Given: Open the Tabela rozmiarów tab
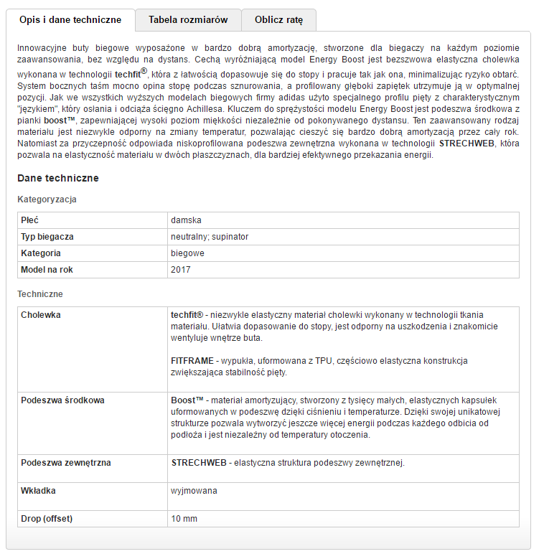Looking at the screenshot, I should point(188,20).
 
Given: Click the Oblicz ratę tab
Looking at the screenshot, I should point(278,20).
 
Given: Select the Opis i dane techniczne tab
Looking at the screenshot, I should point(70,20).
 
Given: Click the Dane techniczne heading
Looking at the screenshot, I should point(57,178).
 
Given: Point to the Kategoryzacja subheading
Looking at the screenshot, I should point(47,199).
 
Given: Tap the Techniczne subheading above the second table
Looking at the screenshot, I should point(40,294).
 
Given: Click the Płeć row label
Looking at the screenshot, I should point(30,219).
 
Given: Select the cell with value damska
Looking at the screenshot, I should point(186,219).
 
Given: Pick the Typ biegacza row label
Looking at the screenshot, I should point(47,236).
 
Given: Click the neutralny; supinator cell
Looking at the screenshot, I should point(210,236).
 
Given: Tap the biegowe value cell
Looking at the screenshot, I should point(187,253).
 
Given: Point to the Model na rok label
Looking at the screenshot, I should point(47,270).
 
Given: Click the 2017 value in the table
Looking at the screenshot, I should point(181,270).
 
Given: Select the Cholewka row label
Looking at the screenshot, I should point(41,315).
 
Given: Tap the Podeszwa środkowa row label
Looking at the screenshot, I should point(62,400).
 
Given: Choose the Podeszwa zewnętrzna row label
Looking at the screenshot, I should point(66,463).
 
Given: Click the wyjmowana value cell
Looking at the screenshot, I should point(194,491).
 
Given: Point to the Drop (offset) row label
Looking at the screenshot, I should point(47,519).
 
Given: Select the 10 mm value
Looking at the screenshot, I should point(184,519).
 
